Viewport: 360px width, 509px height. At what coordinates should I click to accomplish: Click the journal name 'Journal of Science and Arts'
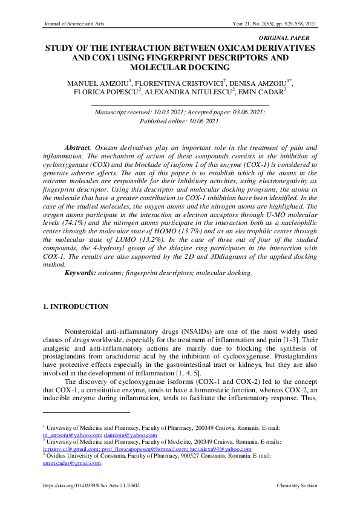tap(72, 24)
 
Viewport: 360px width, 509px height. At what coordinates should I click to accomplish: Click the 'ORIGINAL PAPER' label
tap(293, 38)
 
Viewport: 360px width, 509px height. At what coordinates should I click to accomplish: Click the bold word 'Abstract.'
tap(78, 148)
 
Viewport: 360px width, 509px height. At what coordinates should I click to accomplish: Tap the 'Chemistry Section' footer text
tap(296, 486)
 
